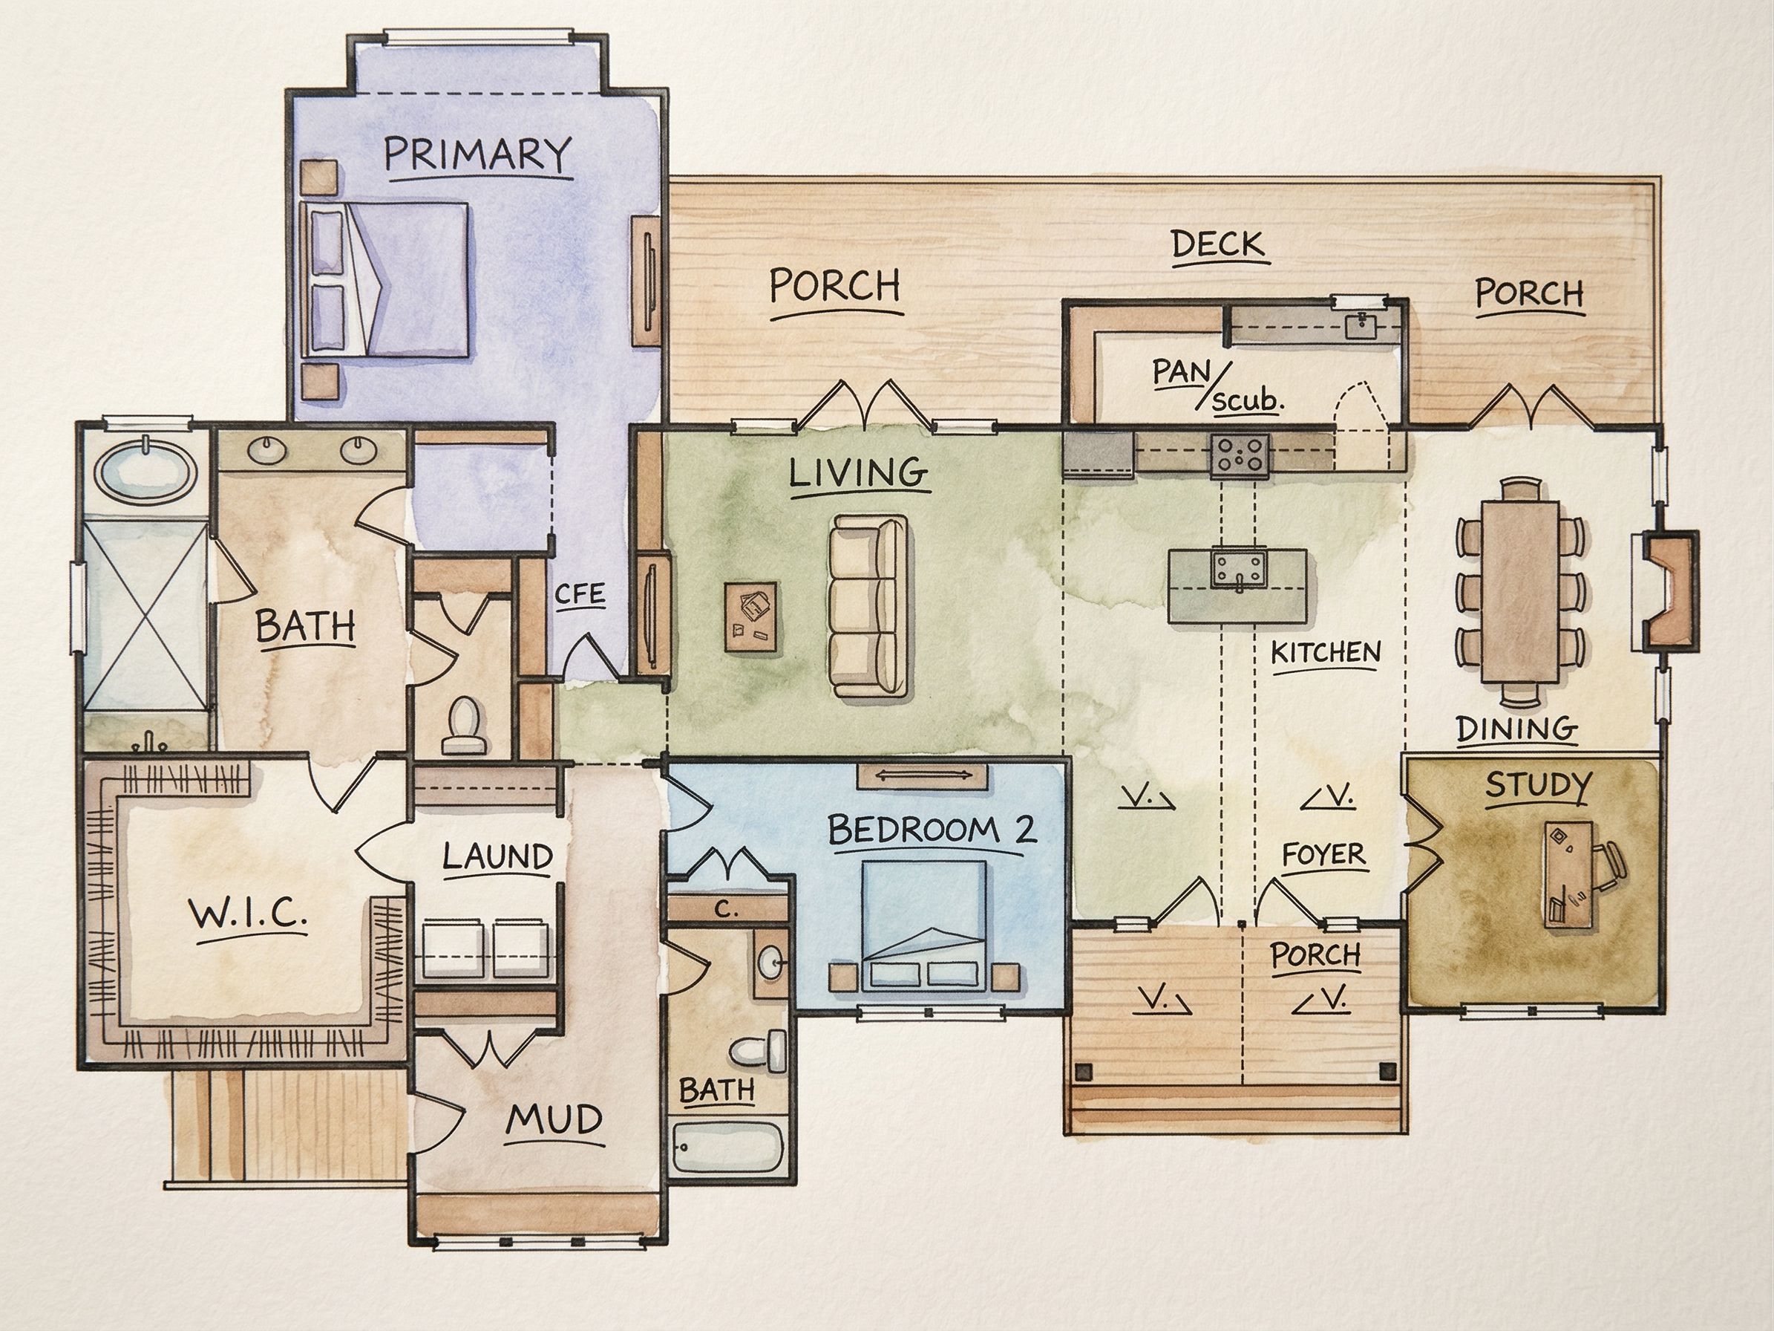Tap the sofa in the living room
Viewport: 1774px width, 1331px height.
coord(868,605)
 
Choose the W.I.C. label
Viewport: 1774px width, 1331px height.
coord(247,912)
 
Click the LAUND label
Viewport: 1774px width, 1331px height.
coord(497,856)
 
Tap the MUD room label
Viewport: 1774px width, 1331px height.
coord(555,1120)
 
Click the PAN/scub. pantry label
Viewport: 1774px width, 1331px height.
coord(1217,384)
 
